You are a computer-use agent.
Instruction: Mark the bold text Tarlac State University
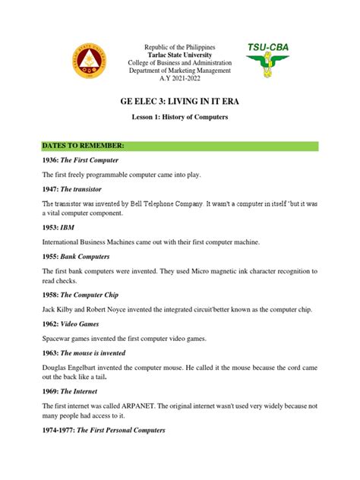click(179, 55)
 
